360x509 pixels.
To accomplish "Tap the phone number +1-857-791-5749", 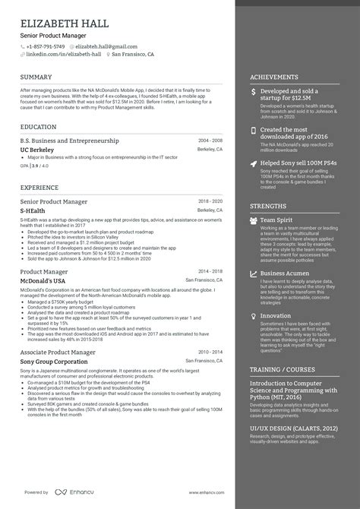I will coord(46,46).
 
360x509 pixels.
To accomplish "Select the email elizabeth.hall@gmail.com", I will coord(106,46).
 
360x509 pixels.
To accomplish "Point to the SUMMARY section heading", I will coord(36,77).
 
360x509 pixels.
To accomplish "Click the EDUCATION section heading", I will coord(39,127).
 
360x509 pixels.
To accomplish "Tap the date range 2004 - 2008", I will coord(210,141).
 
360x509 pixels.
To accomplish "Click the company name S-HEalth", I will coord(34,209).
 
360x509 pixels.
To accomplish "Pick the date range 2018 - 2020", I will coord(210,200).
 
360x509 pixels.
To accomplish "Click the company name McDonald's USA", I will coord(43,280).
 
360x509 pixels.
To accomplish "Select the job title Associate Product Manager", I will coord(58,353).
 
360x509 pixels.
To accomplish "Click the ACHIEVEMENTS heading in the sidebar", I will coord(274,77).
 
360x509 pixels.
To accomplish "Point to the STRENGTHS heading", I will coord(268,206).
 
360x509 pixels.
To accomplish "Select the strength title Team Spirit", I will coord(276,220).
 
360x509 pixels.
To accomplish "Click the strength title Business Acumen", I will coord(284,273).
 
